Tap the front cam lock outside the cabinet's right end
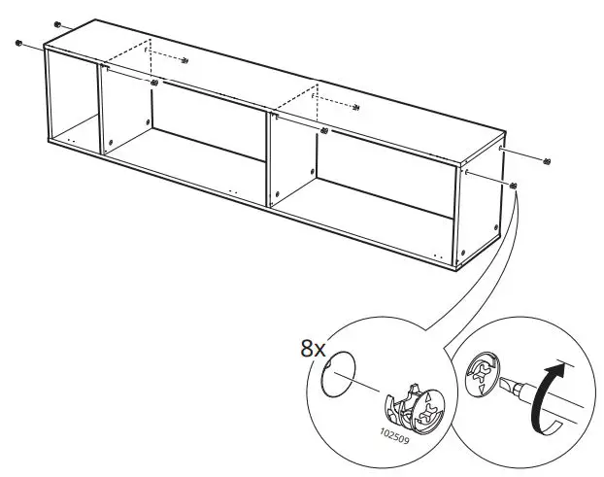(x=514, y=185)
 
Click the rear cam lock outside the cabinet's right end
(x=548, y=160)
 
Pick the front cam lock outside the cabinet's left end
(x=18, y=43)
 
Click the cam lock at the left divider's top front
(x=154, y=83)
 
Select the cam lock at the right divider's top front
(x=323, y=129)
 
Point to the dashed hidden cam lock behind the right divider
(x=356, y=106)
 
